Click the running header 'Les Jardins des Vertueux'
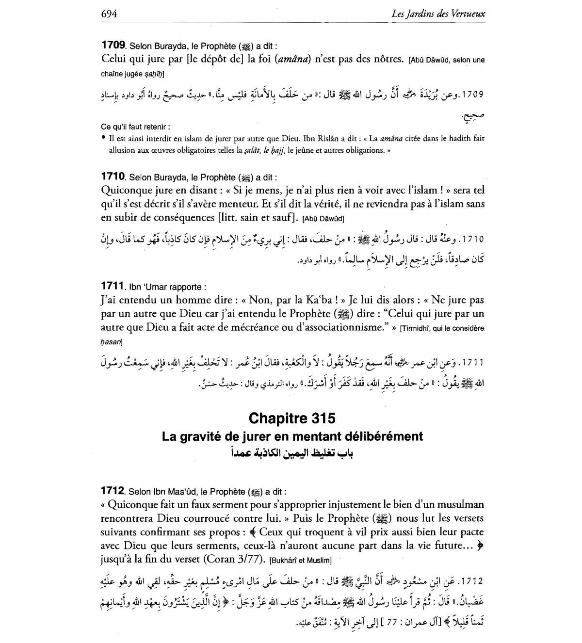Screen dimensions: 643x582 (438, 14)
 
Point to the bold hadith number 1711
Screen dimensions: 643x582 (113, 286)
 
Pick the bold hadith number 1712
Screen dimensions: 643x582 (113, 491)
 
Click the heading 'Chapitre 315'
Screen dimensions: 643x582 (291, 418)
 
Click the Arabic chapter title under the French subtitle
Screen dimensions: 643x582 (291, 453)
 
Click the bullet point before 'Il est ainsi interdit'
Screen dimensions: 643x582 (103, 138)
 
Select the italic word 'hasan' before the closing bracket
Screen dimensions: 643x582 (110, 342)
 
